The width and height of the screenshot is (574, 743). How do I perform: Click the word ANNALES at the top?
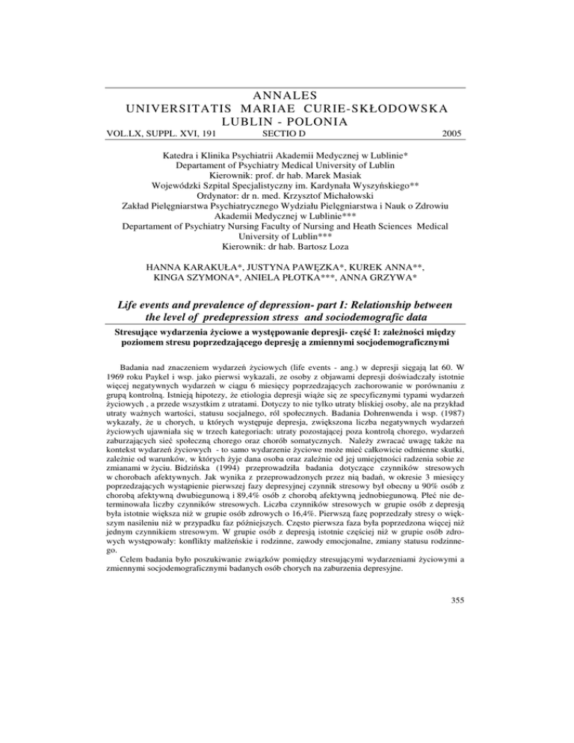pyautogui.click(x=287, y=93)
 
